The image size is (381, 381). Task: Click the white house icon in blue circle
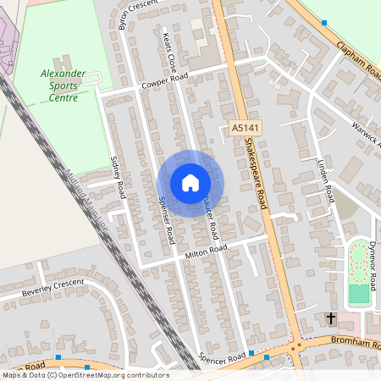190,182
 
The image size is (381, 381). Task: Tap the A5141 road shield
244,129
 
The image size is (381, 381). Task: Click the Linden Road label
325,178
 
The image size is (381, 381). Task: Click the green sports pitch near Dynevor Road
360,294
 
